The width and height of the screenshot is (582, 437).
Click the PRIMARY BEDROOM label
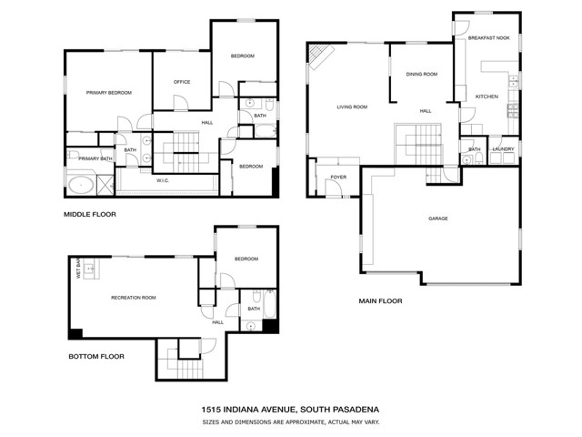(x=109, y=93)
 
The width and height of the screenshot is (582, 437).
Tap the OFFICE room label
(x=181, y=83)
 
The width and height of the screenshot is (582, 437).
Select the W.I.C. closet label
(x=163, y=180)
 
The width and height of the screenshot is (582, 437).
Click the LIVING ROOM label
(x=352, y=107)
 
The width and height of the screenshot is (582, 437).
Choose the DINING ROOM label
(x=421, y=74)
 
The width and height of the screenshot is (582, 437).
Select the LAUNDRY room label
(x=503, y=148)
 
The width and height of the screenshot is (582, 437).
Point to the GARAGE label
(x=440, y=218)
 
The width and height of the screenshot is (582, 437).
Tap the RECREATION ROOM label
(x=133, y=298)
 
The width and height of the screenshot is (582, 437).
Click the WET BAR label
(x=78, y=271)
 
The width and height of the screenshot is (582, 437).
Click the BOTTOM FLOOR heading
(x=95, y=357)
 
